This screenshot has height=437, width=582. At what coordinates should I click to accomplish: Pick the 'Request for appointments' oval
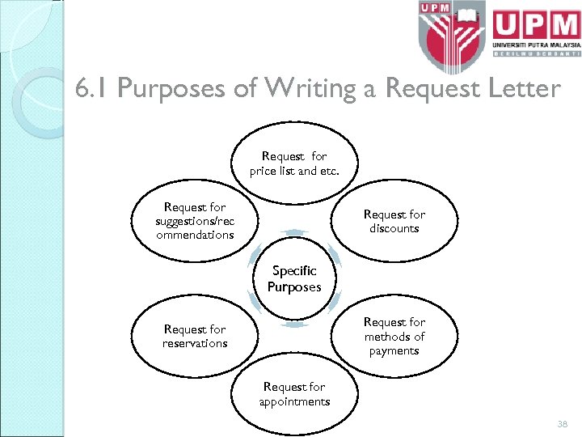coord(294,394)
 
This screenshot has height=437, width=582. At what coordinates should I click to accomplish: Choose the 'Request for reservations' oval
coord(195,336)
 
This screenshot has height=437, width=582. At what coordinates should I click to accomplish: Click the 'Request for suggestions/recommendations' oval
coord(195,221)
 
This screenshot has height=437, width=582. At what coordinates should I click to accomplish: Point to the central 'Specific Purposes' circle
coord(294,278)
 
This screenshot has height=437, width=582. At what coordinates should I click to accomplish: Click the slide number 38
coord(563,423)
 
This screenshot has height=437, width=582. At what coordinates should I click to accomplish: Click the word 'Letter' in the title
coord(517,88)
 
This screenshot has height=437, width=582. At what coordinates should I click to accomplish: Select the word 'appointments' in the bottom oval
coord(294,401)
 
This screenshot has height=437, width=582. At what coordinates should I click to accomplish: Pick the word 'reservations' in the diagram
coord(195,343)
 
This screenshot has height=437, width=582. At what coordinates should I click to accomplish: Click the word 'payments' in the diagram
coord(394,350)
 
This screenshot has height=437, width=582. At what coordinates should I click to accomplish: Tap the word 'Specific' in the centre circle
coord(294,271)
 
